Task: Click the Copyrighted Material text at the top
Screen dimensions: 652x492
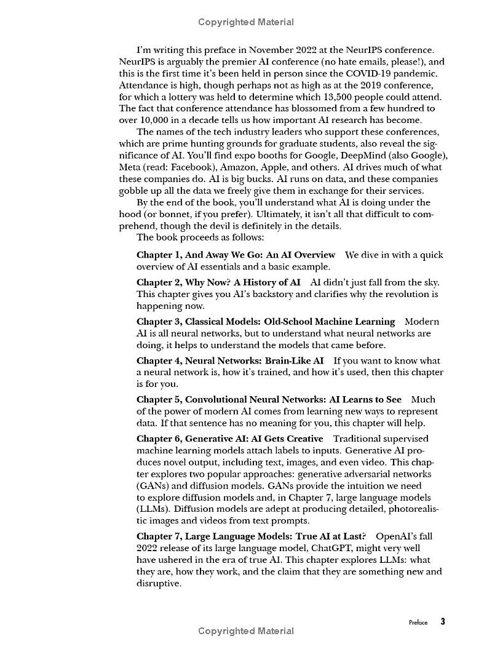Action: tap(245, 22)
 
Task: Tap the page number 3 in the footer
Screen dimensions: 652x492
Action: tap(442, 621)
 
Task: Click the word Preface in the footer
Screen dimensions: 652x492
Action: tap(418, 622)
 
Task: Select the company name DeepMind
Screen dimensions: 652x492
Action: tap(375, 156)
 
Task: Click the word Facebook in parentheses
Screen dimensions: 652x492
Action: tap(196, 167)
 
